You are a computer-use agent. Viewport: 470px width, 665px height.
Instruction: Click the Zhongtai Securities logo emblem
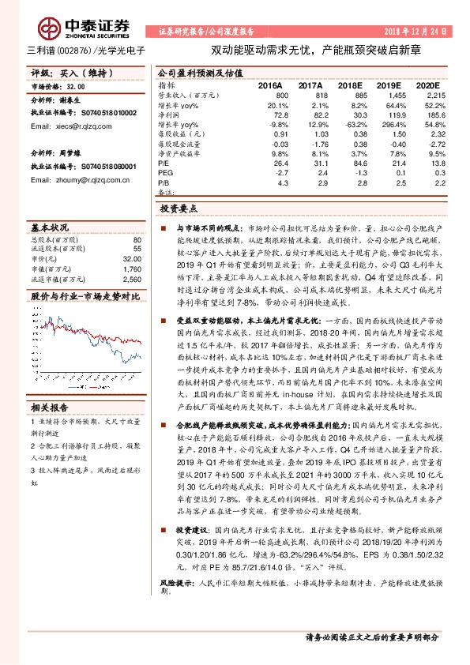[54, 25]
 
